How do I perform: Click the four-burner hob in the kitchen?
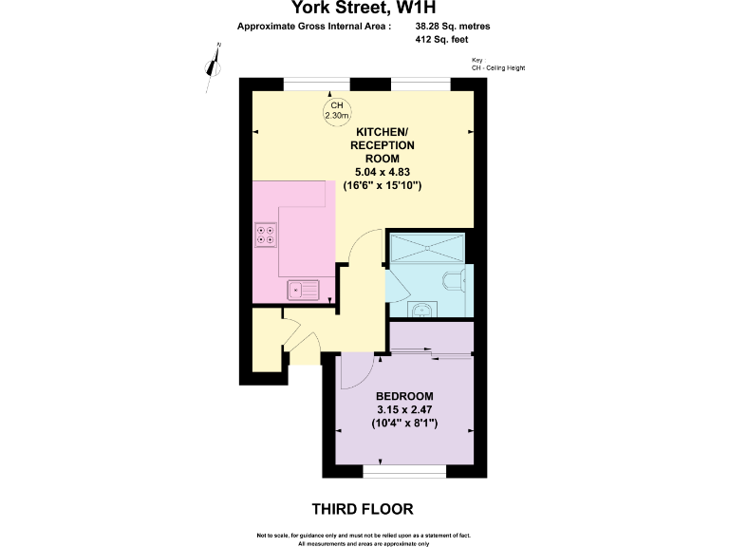(x=266, y=235)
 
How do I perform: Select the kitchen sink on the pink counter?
(x=306, y=288)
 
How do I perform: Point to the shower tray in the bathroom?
(x=427, y=248)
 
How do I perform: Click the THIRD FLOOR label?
(x=363, y=509)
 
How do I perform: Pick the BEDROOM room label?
(x=404, y=396)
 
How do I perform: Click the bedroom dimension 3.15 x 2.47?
(x=404, y=409)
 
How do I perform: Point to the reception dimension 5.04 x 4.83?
(x=383, y=173)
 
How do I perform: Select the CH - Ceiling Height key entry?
(x=497, y=68)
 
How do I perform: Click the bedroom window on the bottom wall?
(x=404, y=471)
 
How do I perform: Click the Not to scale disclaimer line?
(x=364, y=537)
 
